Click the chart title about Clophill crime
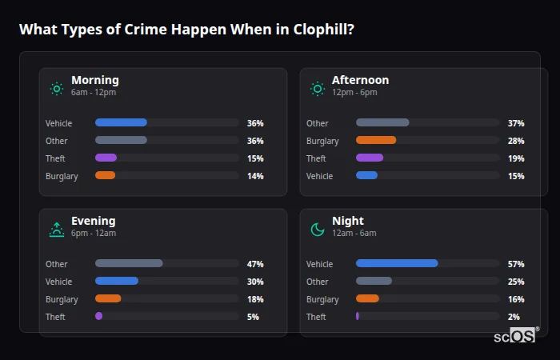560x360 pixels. pyautogui.click(x=187, y=30)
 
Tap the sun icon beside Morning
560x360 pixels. pyautogui.click(x=57, y=89)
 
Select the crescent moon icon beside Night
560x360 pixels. pyautogui.click(x=318, y=230)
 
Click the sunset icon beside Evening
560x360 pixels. pyautogui.click(x=57, y=230)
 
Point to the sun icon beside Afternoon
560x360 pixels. pyautogui.click(x=318, y=89)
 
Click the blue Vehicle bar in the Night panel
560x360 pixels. pyautogui.click(x=397, y=263)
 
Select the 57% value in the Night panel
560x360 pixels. pyautogui.click(x=516, y=264)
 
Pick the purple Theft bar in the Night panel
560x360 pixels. pyautogui.click(x=358, y=316)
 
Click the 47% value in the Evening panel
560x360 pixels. pyautogui.click(x=255, y=264)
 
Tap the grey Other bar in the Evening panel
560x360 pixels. pyautogui.click(x=129, y=263)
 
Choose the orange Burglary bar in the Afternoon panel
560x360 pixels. pyautogui.click(x=376, y=140)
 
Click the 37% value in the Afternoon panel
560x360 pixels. pyautogui.click(x=516, y=123)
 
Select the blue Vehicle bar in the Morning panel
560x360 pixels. pyautogui.click(x=121, y=122)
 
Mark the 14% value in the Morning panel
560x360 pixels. pyautogui.click(x=255, y=176)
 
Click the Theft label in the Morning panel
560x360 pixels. pyautogui.click(x=55, y=158)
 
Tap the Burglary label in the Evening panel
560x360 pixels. pyautogui.click(x=62, y=299)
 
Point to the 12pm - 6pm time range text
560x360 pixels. pyautogui.click(x=354, y=93)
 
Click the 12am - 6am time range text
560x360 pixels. pyautogui.click(x=354, y=234)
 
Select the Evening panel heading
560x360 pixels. pyautogui.click(x=93, y=221)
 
